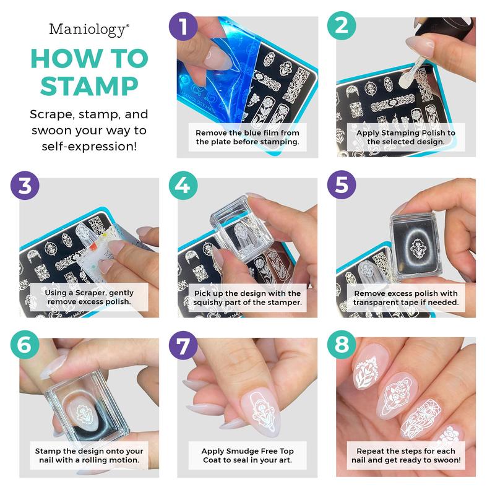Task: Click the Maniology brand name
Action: pyautogui.click(x=89, y=28)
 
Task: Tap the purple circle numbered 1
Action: pyautogui.click(x=183, y=27)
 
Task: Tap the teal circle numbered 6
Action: pyautogui.click(x=24, y=345)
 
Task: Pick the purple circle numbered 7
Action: pyautogui.click(x=183, y=345)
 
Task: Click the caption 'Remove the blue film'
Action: pyautogui.click(x=247, y=137)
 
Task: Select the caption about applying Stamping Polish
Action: pyautogui.click(x=406, y=137)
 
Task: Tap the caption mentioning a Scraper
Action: pyautogui.click(x=89, y=297)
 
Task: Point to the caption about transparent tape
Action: pyautogui.click(x=406, y=297)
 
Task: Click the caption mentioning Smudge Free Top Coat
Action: pyautogui.click(x=247, y=456)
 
